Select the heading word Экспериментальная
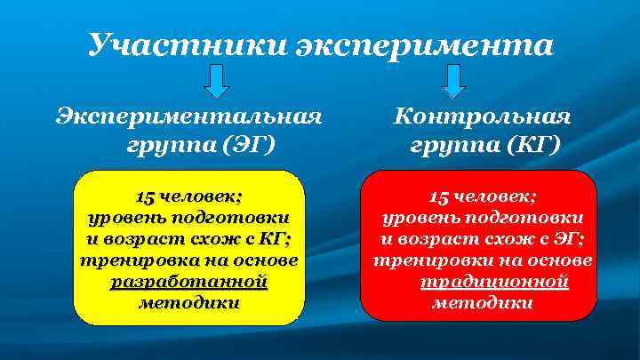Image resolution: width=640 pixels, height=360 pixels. (188, 116)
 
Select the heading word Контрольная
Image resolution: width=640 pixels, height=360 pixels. (483, 116)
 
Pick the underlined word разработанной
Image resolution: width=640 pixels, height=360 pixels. (188, 283)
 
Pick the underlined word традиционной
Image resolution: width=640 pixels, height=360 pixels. (493, 283)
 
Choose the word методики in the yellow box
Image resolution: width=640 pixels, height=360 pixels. (189, 303)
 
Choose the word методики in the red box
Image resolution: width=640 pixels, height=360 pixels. (483, 303)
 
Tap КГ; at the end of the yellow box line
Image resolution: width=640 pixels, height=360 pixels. (276, 240)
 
